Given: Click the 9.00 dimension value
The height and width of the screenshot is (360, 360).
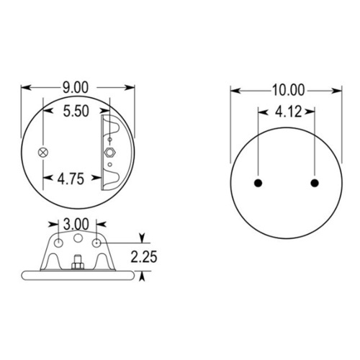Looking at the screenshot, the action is [76, 88].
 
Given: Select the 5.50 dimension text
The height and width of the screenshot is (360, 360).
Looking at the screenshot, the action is [76, 111].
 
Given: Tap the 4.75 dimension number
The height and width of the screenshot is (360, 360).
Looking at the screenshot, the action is [71, 179].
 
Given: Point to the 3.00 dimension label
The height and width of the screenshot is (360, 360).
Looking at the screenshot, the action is [76, 224].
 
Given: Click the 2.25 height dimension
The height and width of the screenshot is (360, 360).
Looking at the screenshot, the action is [144, 256].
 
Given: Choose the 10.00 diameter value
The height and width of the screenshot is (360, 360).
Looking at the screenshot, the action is [289, 90].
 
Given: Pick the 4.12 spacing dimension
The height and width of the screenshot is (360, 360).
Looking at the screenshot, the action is [288, 112].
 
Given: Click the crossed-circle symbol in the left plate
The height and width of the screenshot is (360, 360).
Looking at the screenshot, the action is [43, 153].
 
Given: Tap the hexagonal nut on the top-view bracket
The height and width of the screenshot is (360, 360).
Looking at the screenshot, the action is [110, 153].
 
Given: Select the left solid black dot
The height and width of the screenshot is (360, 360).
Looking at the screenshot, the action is [258, 183].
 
